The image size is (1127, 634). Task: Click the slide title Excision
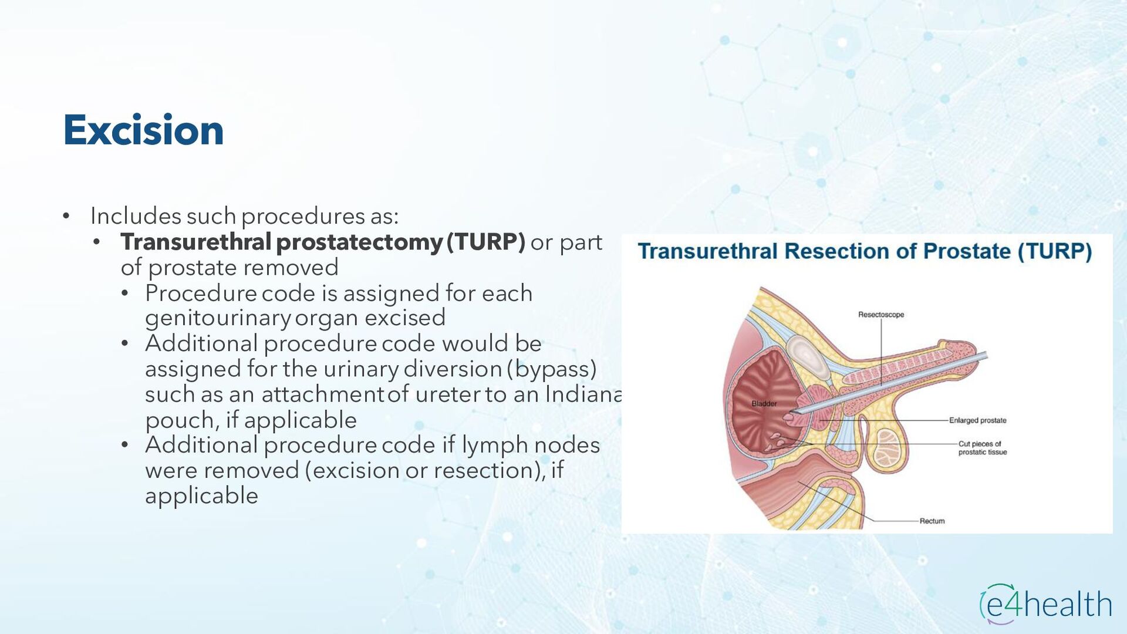(143, 130)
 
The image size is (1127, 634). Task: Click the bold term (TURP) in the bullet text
(485, 242)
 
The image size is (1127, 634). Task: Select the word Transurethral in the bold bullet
(196, 242)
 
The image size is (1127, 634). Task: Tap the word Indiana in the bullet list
(583, 394)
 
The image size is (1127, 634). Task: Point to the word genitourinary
(218, 318)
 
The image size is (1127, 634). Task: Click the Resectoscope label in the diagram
(880, 315)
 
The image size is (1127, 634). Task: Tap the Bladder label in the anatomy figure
(764, 404)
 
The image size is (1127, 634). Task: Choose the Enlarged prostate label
(977, 420)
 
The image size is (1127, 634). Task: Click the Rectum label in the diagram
(932, 521)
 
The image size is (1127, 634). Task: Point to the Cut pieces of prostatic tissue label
(982, 448)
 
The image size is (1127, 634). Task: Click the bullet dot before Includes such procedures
(66, 217)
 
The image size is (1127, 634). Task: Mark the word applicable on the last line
(201, 496)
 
